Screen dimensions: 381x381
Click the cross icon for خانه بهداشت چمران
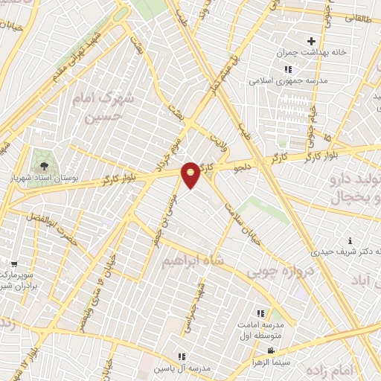[x=311, y=41]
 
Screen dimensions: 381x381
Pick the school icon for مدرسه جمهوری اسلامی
[x=287, y=69]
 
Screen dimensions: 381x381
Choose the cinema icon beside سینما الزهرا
[x=271, y=350]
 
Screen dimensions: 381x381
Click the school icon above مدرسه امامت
[x=260, y=314]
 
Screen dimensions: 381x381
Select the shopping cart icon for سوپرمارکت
[x=13, y=263]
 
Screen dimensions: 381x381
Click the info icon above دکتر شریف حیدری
[x=350, y=240]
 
